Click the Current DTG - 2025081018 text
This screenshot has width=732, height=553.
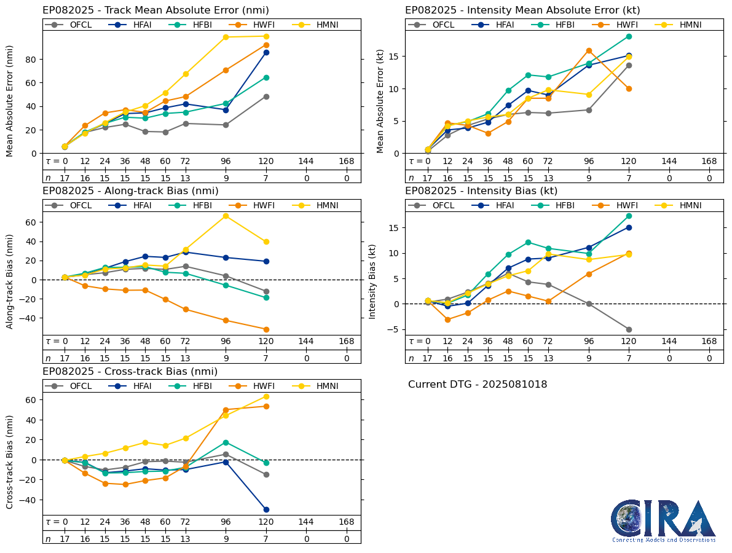(478, 385)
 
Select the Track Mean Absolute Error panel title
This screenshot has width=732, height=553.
(155, 10)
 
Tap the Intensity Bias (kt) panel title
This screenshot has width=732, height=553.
(481, 191)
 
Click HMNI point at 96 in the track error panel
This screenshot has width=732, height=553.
(226, 37)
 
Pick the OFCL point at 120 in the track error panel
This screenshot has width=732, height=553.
(266, 96)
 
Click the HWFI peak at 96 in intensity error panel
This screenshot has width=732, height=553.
(589, 50)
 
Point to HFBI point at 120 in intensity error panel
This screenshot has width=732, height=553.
(629, 36)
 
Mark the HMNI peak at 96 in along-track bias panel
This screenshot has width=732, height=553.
(226, 216)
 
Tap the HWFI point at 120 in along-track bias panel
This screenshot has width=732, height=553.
(266, 329)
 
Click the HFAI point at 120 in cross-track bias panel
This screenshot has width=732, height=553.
(266, 509)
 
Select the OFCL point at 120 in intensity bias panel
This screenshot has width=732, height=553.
(629, 329)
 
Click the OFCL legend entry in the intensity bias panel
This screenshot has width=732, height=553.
(436, 205)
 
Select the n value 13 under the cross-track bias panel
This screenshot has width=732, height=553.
(186, 539)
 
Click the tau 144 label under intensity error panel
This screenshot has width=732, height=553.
(669, 161)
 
